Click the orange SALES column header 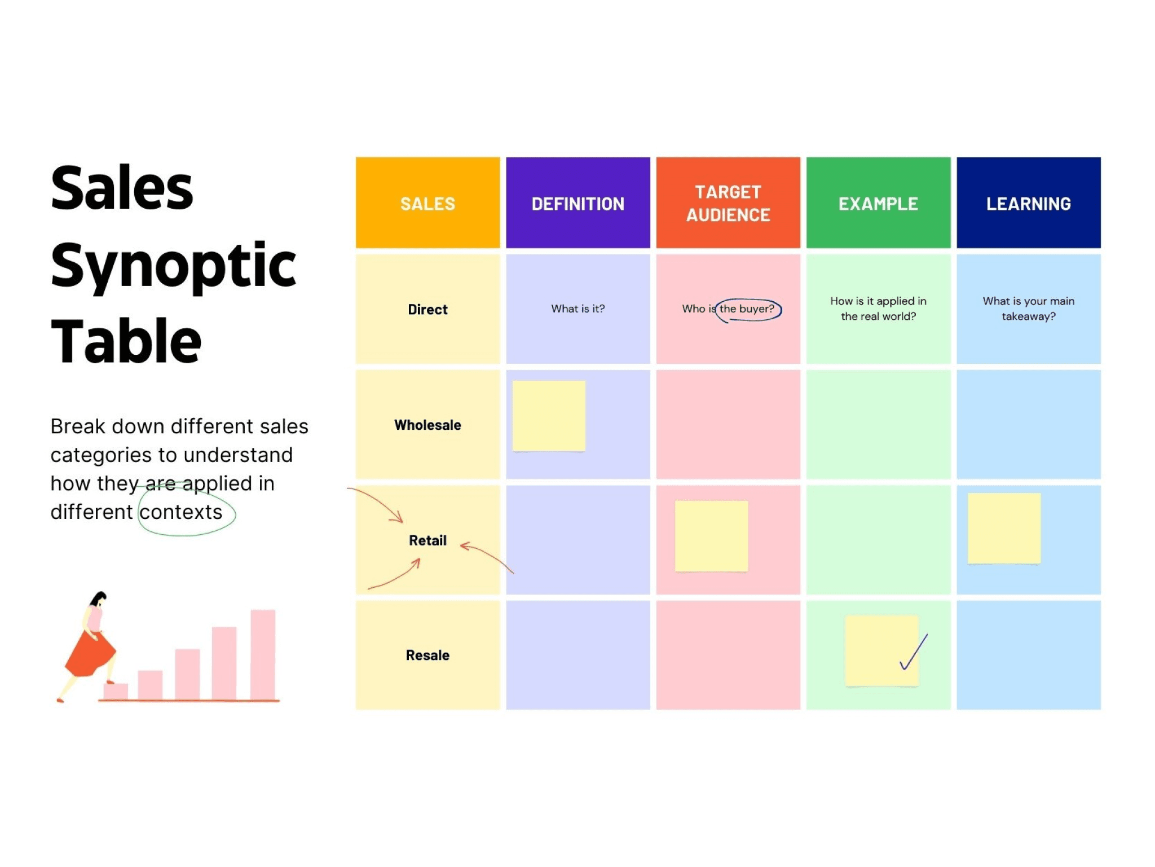click(427, 204)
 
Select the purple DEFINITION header click(577, 204)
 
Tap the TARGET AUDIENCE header click(728, 204)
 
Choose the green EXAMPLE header click(878, 204)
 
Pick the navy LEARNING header click(1028, 204)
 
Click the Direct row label click(427, 309)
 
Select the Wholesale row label click(427, 425)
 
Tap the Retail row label click(427, 540)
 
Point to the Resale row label click(427, 655)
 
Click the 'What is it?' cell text click(577, 309)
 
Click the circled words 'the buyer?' click(747, 309)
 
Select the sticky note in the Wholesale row click(548, 416)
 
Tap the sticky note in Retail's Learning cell click(1004, 528)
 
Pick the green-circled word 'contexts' click(181, 512)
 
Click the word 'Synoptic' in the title click(173, 266)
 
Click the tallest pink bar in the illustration click(263, 654)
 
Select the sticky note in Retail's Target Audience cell click(711, 536)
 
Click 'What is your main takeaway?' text click(1028, 309)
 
